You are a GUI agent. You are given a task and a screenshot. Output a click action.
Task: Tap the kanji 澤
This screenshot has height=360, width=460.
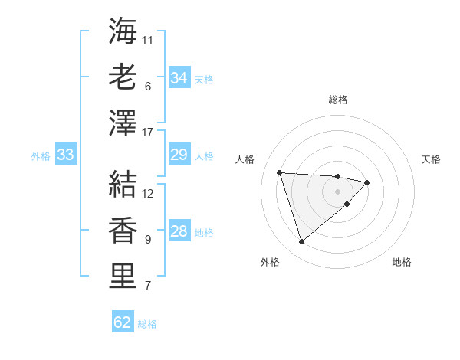point(123,123)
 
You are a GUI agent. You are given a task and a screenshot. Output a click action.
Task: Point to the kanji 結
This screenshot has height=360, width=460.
point(123,184)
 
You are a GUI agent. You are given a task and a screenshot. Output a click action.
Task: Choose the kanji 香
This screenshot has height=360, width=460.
point(123,230)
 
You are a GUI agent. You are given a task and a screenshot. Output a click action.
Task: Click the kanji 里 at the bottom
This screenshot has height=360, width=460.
point(123,276)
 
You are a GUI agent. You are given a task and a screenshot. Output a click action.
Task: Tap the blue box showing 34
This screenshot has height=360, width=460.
point(179,78)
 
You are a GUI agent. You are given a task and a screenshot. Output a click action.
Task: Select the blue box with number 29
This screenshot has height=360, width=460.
point(179,155)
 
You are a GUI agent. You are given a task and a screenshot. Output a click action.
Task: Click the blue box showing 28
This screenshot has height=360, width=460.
point(179,232)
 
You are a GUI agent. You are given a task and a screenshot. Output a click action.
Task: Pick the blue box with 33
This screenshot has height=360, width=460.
point(65,155)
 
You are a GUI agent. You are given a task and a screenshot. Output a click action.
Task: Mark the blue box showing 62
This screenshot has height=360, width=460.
point(123,322)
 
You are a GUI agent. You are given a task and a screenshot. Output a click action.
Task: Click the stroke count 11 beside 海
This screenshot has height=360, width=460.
point(148,39)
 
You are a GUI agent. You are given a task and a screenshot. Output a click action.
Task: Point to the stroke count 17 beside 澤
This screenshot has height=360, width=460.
point(148,133)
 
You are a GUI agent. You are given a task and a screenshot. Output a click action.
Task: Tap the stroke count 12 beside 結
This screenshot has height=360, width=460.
point(148,193)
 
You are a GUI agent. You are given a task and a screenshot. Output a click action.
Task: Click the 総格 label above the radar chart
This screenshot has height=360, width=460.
point(338,100)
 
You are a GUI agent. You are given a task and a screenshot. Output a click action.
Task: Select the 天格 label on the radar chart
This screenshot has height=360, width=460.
point(431,159)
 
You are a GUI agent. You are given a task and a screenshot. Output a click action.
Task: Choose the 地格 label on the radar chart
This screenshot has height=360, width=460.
point(402,262)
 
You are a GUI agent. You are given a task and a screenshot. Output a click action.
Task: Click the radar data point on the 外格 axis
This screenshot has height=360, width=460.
point(301,242)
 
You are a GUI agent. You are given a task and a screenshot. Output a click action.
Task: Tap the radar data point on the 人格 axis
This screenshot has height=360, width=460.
point(280,172)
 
